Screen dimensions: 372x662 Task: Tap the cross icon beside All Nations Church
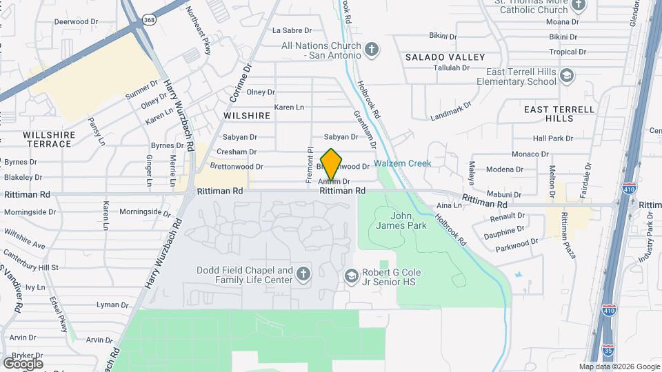click(372, 49)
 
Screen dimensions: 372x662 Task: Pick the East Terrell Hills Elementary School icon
click(567, 75)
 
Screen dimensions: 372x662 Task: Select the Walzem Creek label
click(403, 163)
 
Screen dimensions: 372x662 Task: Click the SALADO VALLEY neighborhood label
click(445, 57)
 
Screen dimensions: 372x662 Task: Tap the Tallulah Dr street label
click(451, 68)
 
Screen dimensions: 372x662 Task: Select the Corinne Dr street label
click(246, 80)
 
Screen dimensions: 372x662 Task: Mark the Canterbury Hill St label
click(30, 267)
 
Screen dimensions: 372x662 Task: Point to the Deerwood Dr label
click(76, 21)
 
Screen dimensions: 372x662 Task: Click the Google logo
click(23, 363)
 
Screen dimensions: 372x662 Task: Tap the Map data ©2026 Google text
click(619, 366)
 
